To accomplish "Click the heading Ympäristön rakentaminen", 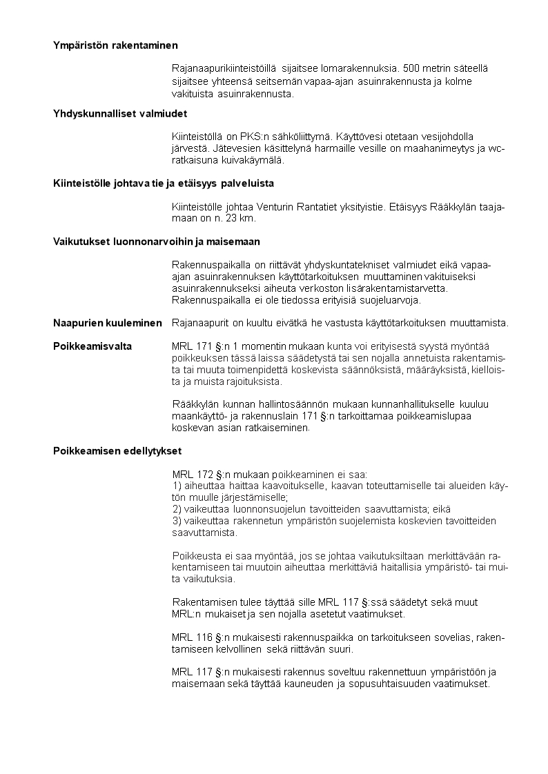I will (115, 46).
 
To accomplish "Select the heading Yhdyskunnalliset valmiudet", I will (120, 113).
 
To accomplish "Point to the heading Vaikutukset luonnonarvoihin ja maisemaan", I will (157, 241).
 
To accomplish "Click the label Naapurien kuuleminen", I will (107, 323).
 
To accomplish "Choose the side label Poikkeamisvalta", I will (92, 346).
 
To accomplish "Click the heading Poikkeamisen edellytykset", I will (117, 451).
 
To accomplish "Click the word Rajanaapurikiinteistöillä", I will (224, 68).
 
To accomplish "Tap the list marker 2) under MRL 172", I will (177, 509).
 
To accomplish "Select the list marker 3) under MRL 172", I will (177, 521).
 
